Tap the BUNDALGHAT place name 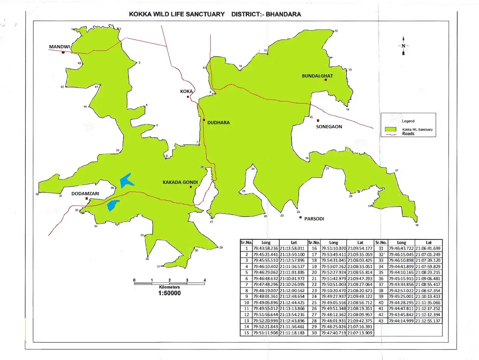[x=317, y=76]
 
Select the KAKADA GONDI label [x=180, y=183]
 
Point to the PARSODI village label [x=314, y=218]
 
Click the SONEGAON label [x=329, y=127]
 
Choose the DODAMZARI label [x=85, y=194]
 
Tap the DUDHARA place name [x=218, y=123]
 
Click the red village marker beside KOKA [x=188, y=97]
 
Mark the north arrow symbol [x=403, y=46]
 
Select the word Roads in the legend [x=408, y=134]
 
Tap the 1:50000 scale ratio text [x=169, y=293]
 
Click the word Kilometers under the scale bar [x=169, y=287]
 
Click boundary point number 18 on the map [x=416, y=225]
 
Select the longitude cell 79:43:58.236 [x=265, y=248]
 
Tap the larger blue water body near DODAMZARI [x=127, y=180]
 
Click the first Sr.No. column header [x=246, y=242]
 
